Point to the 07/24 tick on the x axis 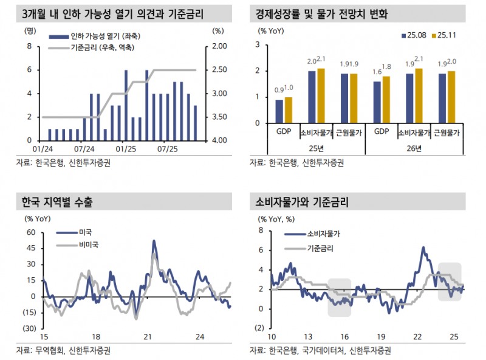84,148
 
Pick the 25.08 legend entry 414,36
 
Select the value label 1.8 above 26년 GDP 386,66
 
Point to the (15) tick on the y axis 29,312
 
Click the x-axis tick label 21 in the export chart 146,337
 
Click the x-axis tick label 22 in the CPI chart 418,337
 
